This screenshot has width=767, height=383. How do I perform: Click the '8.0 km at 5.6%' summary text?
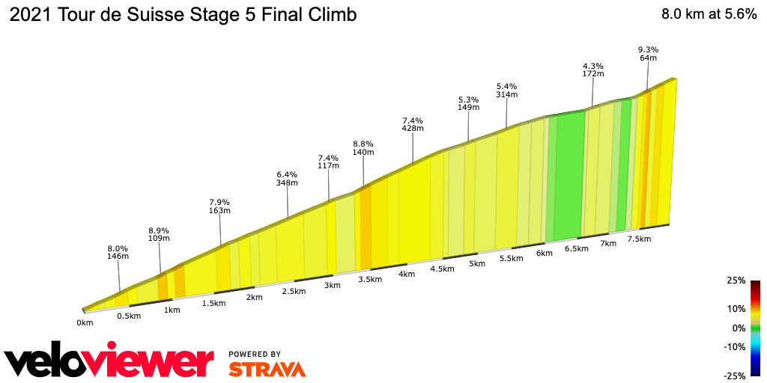pos(709,15)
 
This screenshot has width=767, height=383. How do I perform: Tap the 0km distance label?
pos(85,323)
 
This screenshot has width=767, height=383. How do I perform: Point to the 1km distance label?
pos(172,310)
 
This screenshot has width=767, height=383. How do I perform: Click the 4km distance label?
pos(407,274)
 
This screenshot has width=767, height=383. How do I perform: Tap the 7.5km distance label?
pos(639,239)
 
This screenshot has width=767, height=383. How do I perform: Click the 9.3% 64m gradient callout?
pos(648,53)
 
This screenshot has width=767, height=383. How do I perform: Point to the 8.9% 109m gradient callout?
pos(159,234)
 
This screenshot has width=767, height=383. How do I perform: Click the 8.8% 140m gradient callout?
pos(363,147)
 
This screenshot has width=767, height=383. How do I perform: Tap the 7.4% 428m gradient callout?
pos(413,124)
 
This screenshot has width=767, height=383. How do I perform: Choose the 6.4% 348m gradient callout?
pos(287,178)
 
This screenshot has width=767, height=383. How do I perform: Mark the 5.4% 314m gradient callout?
pos(507,90)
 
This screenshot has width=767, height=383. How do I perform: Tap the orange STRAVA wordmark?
pos(267,369)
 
